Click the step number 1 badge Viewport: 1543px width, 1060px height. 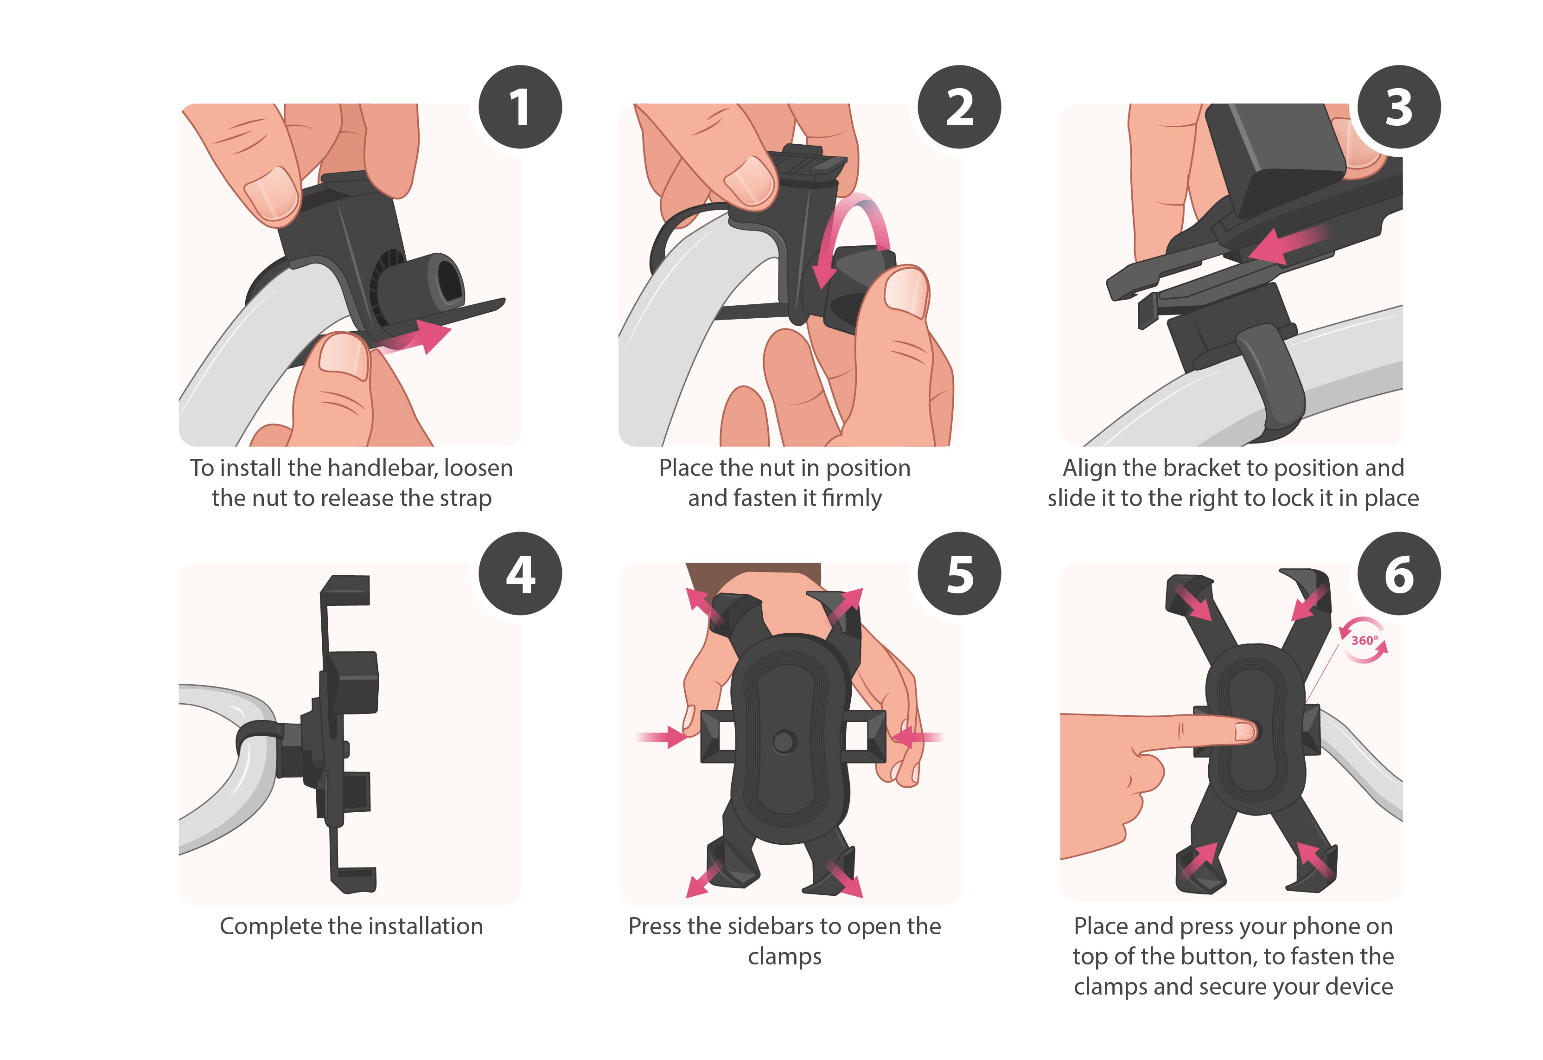(520, 107)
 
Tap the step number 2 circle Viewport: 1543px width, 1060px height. (959, 107)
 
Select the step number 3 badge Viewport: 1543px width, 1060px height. (1399, 107)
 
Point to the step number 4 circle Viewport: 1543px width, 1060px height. (520, 573)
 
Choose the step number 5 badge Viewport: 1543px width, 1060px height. (959, 573)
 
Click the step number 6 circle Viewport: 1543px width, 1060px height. (1399, 573)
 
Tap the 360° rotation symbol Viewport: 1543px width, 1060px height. (1364, 640)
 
